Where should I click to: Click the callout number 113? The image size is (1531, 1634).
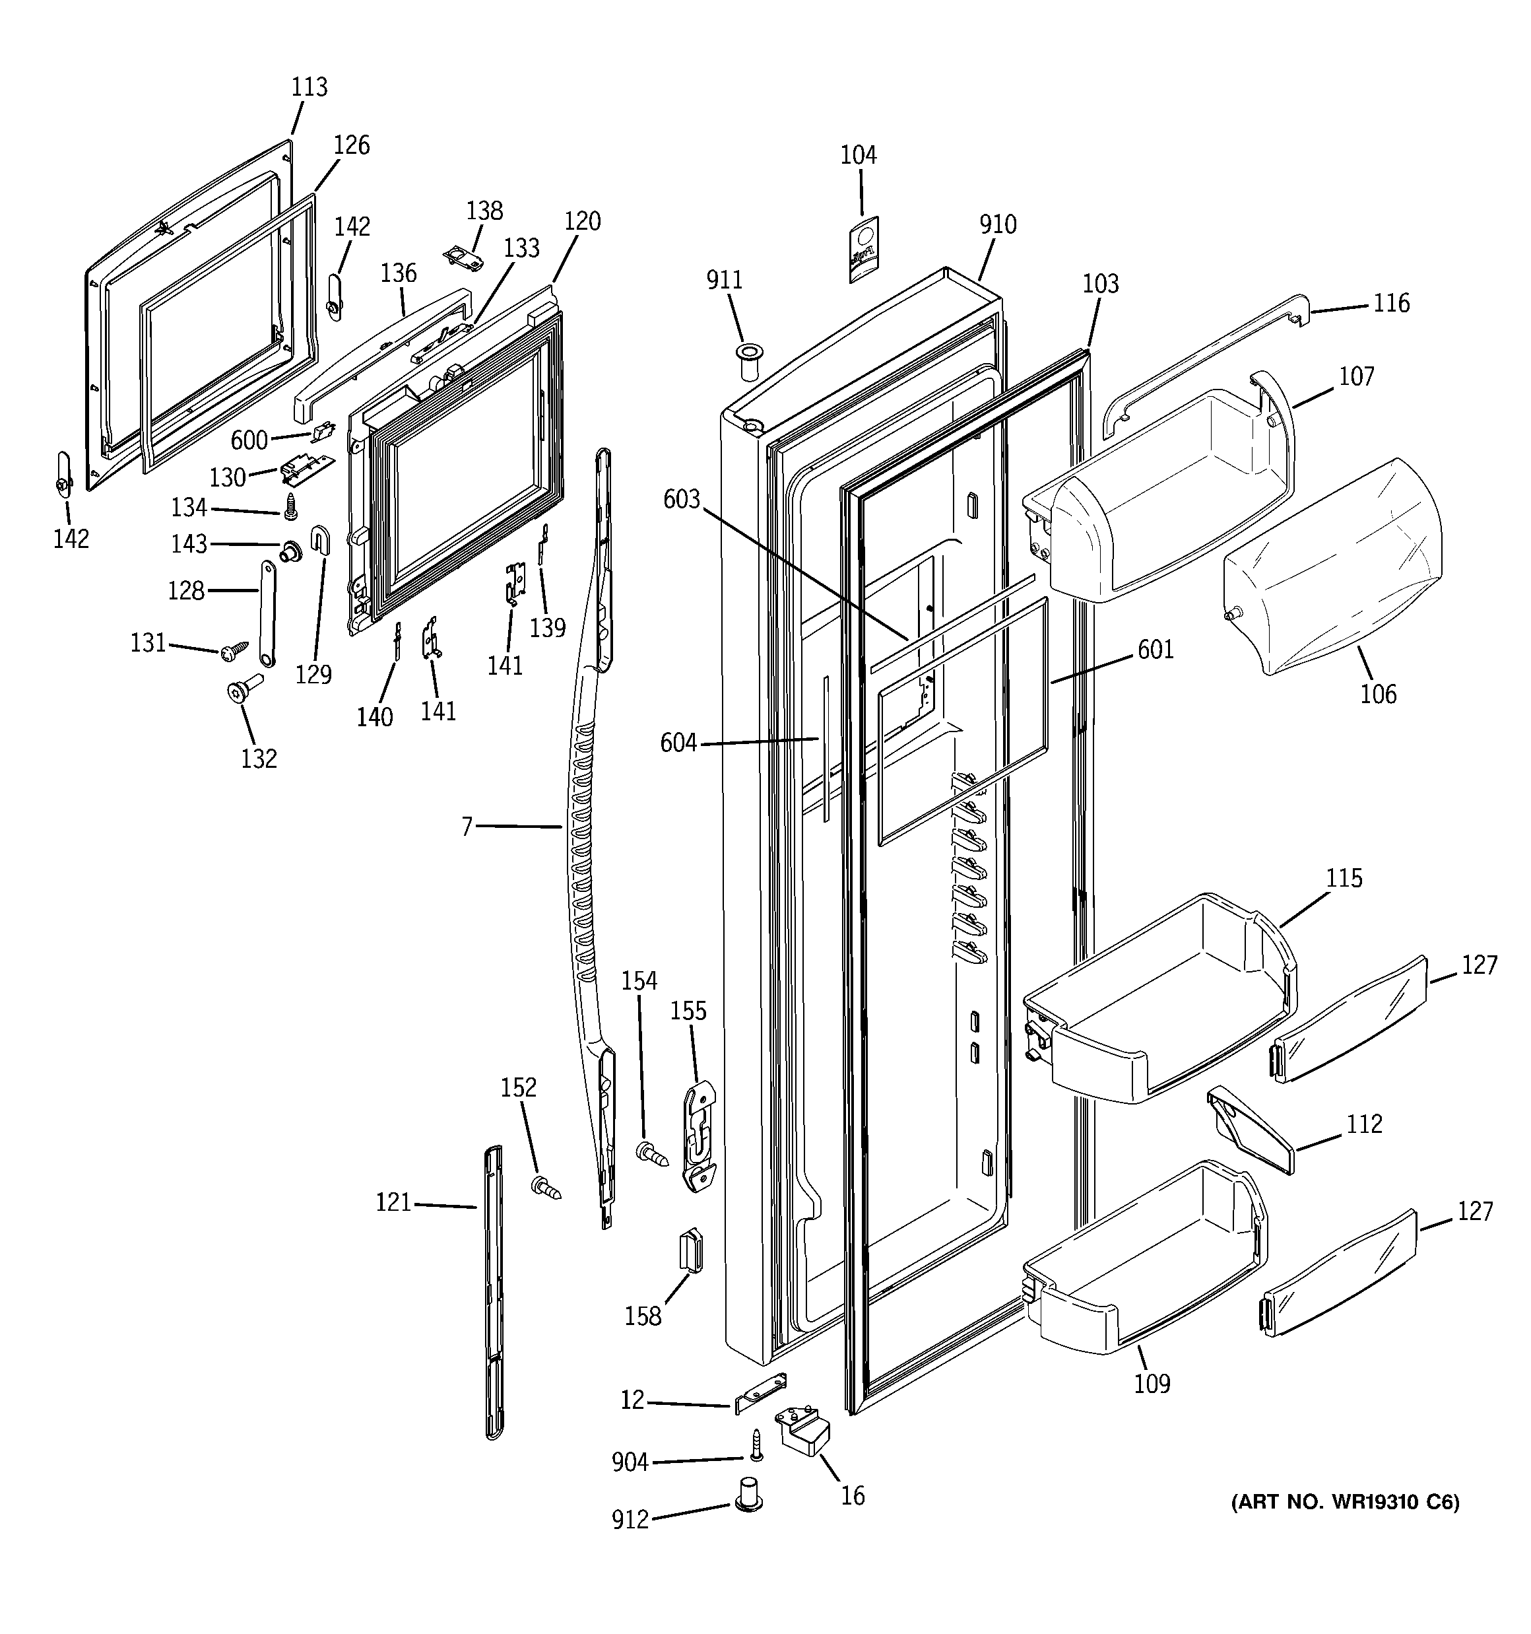[x=309, y=87]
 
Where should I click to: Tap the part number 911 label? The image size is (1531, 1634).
[x=724, y=281]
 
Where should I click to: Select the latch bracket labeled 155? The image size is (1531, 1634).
[x=699, y=1137]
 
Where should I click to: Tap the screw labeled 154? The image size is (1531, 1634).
[x=653, y=1154]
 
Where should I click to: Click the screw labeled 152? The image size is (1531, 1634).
[x=545, y=1188]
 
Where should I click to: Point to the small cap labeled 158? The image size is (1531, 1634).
[x=690, y=1250]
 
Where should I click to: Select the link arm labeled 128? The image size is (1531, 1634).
[x=268, y=613]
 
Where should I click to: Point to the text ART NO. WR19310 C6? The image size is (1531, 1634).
[x=1344, y=1503]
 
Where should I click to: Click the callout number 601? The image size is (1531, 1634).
[x=1156, y=650]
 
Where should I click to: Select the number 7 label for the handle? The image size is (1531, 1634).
[x=467, y=826]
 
